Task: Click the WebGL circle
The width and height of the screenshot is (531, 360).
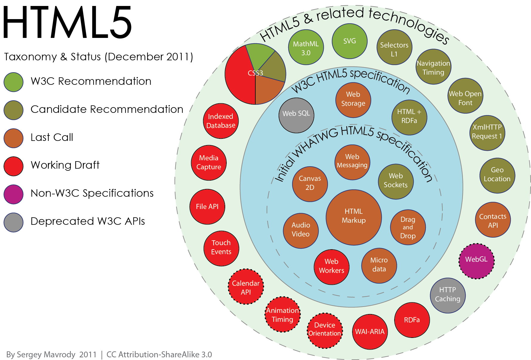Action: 476,261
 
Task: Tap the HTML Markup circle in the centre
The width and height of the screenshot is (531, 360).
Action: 354,217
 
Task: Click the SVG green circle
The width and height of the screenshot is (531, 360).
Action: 349,41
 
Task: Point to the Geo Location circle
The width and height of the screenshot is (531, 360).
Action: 497,176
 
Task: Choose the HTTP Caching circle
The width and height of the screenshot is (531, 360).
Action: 448,296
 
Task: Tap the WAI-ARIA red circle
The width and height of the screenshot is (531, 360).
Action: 370,332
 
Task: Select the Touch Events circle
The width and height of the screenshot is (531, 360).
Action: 221,248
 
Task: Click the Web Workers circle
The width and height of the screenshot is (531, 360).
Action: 332,267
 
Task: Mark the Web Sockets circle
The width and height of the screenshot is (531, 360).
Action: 396,181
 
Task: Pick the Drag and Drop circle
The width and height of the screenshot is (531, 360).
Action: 408,227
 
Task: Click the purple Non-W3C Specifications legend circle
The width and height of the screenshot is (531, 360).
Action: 13,194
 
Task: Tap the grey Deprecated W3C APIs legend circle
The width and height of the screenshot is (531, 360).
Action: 13,222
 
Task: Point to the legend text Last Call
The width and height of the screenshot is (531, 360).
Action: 52,137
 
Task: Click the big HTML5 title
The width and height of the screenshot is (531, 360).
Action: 67,22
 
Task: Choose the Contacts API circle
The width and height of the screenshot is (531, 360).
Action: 493,220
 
